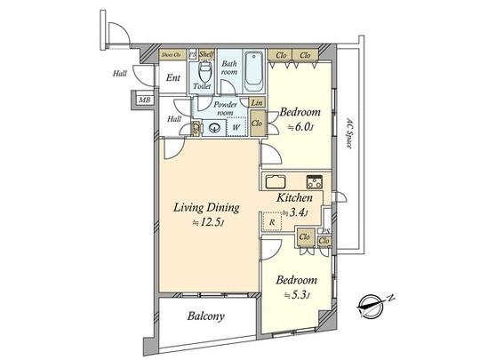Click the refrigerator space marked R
[272, 222]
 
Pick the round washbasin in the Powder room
[213, 128]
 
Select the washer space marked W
[236, 128]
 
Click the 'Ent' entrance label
[173, 78]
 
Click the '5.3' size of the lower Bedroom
[293, 295]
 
